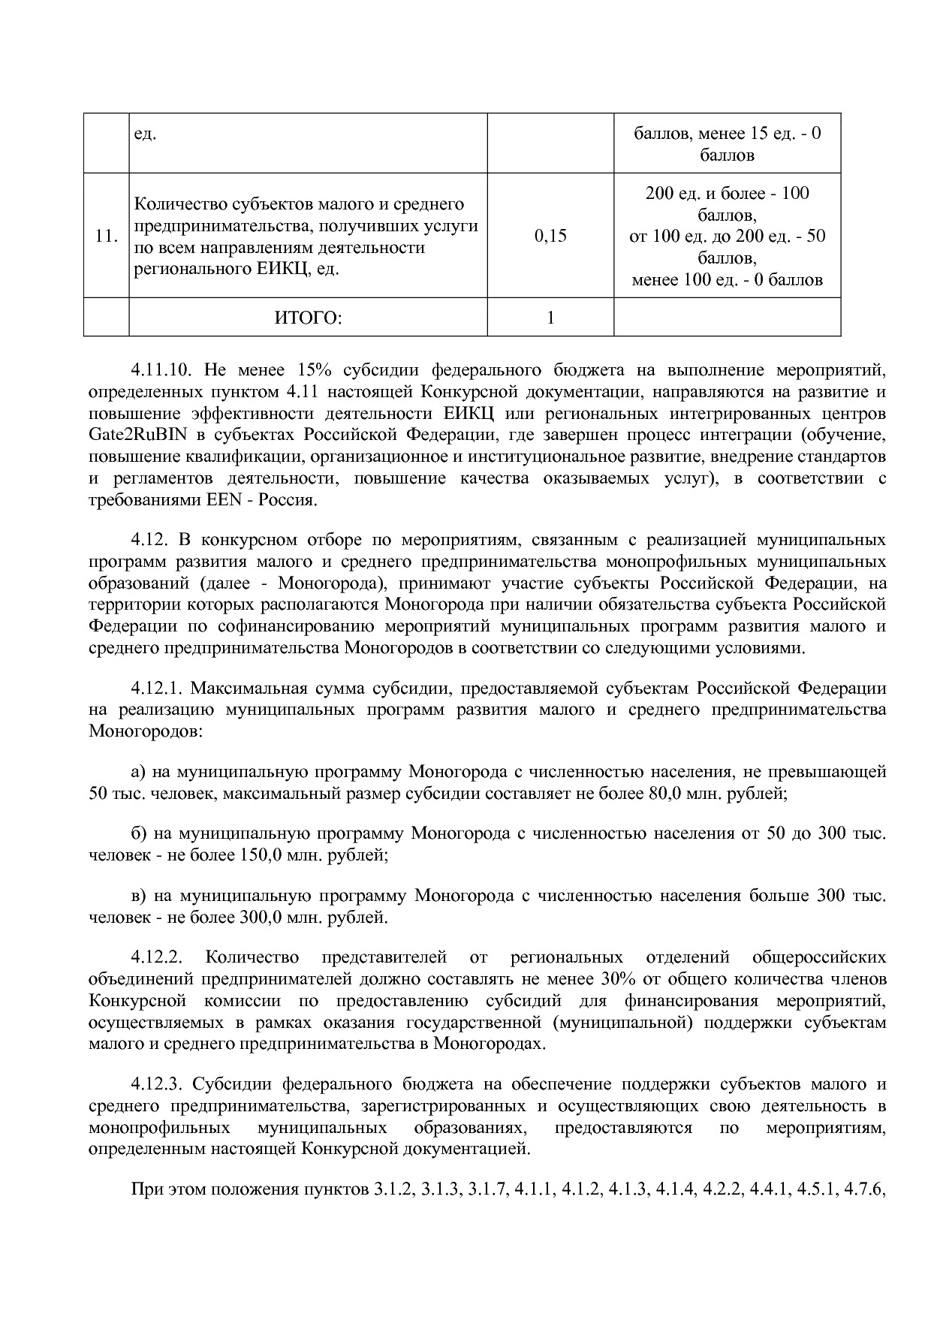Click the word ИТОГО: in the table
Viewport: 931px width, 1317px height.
(308, 318)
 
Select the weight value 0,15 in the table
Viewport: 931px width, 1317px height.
(550, 237)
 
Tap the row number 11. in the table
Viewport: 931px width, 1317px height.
(107, 237)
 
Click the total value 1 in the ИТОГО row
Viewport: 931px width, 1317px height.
(550, 318)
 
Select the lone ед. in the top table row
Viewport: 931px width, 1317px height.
(144, 134)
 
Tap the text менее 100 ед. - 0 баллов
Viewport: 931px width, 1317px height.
(727, 280)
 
